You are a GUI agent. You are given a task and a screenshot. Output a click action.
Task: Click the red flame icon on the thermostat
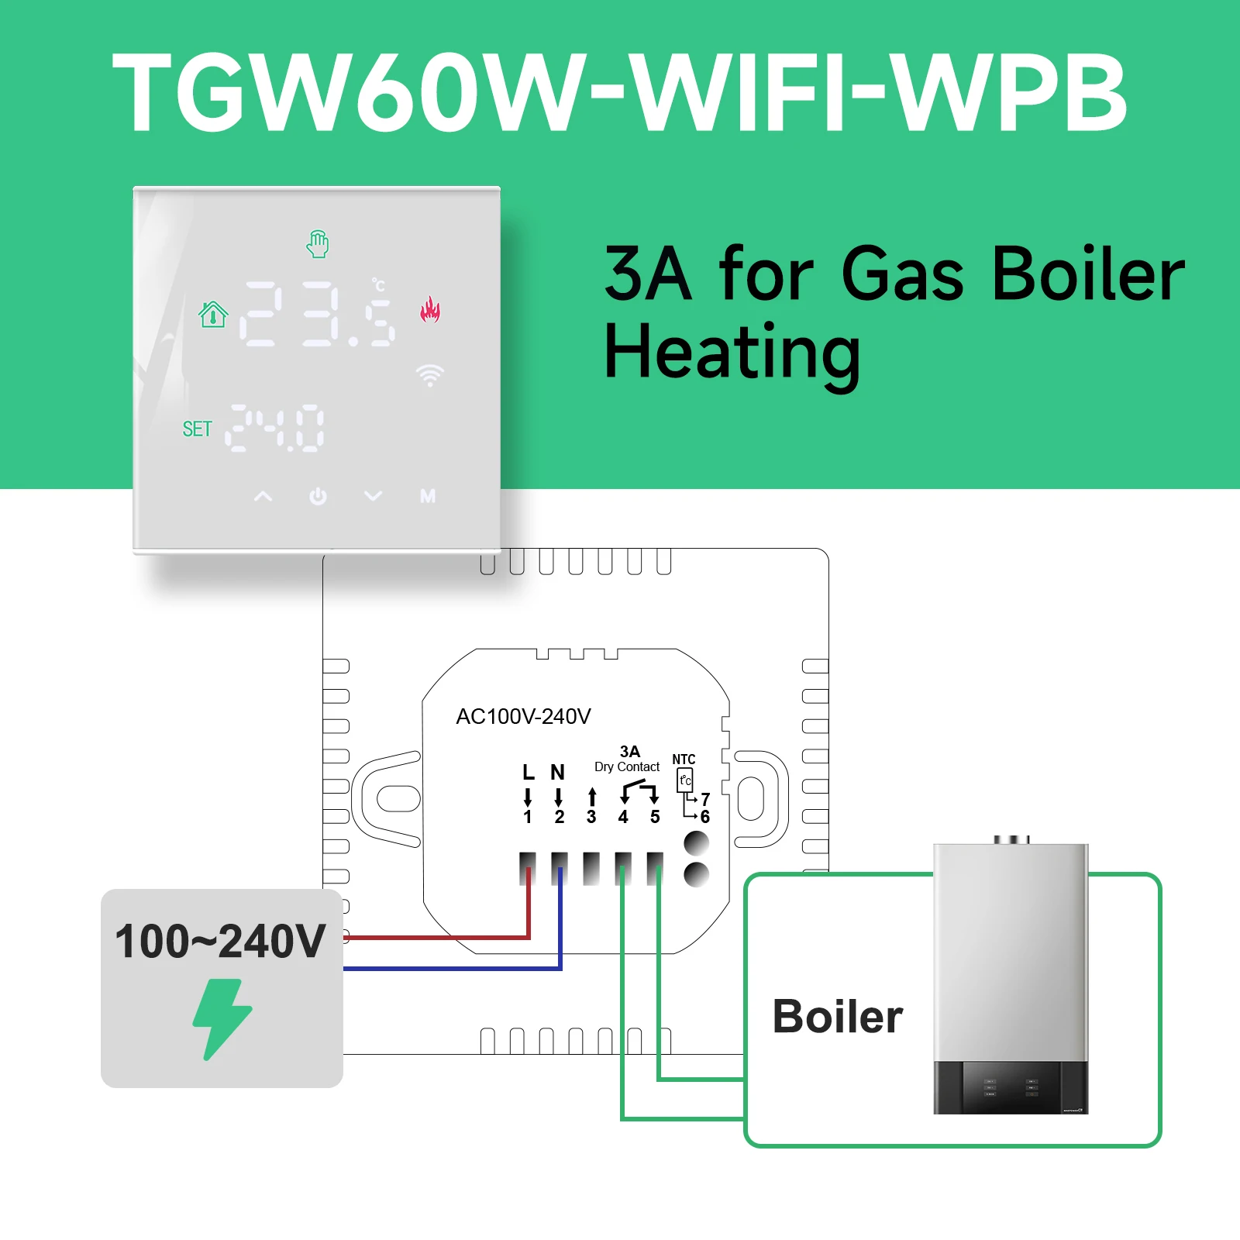click(x=430, y=309)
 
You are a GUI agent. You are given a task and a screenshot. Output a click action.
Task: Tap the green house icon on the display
click(x=213, y=314)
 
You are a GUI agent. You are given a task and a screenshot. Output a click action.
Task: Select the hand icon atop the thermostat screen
click(x=318, y=244)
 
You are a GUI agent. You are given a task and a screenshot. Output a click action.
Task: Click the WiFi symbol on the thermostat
click(x=429, y=375)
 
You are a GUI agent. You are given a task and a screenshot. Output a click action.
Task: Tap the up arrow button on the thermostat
click(x=263, y=496)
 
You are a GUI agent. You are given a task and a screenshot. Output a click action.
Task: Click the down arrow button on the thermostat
click(x=373, y=496)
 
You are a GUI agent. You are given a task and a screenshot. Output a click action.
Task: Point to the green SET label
click(x=197, y=429)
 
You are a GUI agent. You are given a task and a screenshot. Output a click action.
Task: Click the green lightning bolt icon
click(x=222, y=1018)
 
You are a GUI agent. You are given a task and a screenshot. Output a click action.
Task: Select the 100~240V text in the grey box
click(x=220, y=942)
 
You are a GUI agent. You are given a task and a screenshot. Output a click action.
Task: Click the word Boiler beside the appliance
click(x=838, y=1017)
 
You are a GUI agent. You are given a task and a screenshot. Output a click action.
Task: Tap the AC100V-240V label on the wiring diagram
click(x=523, y=716)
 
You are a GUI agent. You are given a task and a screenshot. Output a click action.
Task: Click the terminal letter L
click(x=529, y=772)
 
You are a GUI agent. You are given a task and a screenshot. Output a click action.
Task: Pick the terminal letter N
click(x=557, y=772)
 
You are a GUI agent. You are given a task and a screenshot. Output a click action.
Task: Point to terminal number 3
click(x=591, y=817)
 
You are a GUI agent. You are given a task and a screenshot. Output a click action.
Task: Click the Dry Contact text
click(x=627, y=766)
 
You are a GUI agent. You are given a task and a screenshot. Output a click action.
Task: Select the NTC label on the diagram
click(x=684, y=759)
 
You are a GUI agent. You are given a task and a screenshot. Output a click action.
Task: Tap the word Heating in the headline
click(x=732, y=353)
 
